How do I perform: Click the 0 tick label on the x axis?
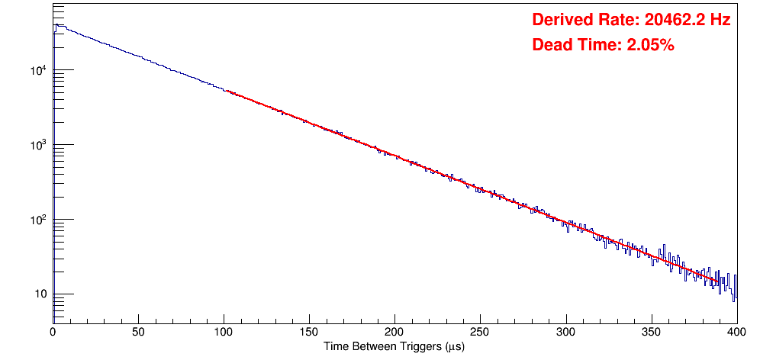click(53, 333)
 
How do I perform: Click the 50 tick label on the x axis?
click(138, 333)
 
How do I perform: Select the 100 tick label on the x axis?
click(224, 333)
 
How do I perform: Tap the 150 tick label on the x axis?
click(309, 333)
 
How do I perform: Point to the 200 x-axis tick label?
click(394, 333)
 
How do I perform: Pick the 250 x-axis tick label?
click(480, 333)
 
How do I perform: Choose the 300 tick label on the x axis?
click(565, 333)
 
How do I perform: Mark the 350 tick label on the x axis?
click(651, 333)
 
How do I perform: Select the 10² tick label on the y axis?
click(38, 220)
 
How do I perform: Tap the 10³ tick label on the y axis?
click(38, 145)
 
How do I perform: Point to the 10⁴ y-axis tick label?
click(38, 71)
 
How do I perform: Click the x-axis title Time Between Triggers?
click(394, 347)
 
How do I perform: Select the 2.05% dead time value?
click(650, 46)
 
